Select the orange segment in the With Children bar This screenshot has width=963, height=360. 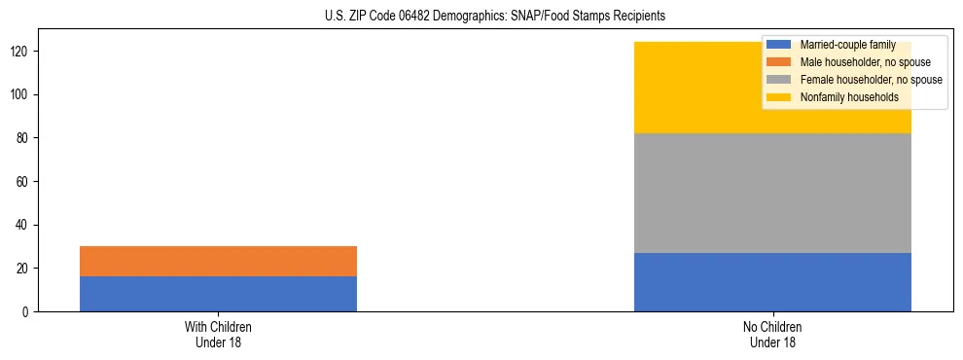click(x=218, y=261)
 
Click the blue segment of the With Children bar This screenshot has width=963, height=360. click(x=218, y=294)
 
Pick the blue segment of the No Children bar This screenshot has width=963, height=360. click(x=772, y=282)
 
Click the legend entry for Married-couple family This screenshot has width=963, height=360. click(x=847, y=45)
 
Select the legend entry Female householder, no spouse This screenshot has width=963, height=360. click(x=871, y=80)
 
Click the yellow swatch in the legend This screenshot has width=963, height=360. click(x=780, y=97)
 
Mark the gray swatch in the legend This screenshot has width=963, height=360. click(x=780, y=80)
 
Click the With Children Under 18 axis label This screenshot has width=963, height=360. click(x=218, y=334)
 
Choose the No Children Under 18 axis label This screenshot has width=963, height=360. click(x=772, y=334)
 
